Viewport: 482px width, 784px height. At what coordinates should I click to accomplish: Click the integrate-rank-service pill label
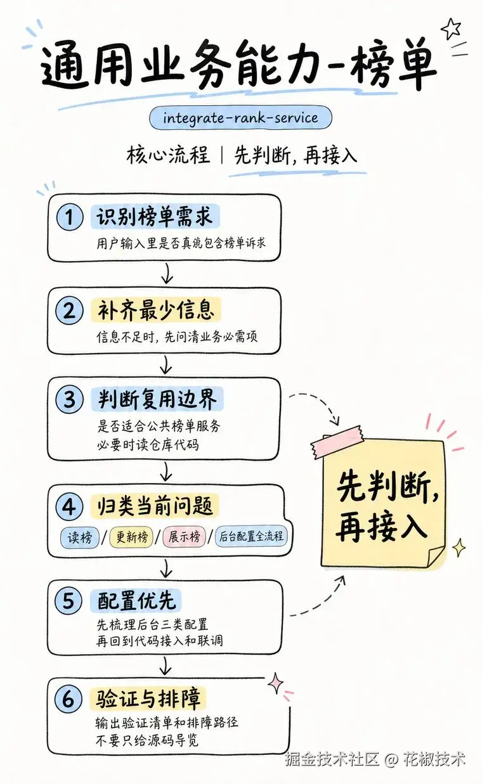[x=240, y=118]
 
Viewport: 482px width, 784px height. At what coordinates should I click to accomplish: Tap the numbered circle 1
[x=70, y=217]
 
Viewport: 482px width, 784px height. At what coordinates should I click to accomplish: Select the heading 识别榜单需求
[x=155, y=217]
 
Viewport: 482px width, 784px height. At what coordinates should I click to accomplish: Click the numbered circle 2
[x=69, y=311]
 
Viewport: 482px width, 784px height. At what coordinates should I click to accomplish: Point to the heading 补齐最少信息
[x=156, y=310]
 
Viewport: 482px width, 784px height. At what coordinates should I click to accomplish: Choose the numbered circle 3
[x=69, y=399]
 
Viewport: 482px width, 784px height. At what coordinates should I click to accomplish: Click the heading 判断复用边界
[x=157, y=399]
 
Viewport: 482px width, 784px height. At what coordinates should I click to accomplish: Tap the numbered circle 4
[x=69, y=506]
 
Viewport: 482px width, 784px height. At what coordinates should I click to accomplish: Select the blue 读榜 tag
[x=80, y=537]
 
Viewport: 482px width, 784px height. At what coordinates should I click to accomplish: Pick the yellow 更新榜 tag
[x=132, y=537]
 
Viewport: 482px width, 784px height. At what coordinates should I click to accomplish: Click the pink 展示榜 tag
[x=185, y=536]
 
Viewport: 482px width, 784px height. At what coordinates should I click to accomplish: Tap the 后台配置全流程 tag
[x=251, y=536]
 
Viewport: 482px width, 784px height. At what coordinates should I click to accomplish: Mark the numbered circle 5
[x=68, y=601]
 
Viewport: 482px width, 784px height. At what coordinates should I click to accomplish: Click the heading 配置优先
[x=136, y=601]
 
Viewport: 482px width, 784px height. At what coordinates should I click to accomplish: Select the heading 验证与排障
[x=148, y=698]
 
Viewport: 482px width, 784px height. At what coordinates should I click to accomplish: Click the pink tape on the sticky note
[x=336, y=442]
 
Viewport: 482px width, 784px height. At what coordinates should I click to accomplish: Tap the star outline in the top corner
[x=451, y=29]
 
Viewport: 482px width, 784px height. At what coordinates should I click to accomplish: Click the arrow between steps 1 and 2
[x=167, y=274]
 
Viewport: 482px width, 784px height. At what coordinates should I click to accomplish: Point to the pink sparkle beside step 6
[x=276, y=683]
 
